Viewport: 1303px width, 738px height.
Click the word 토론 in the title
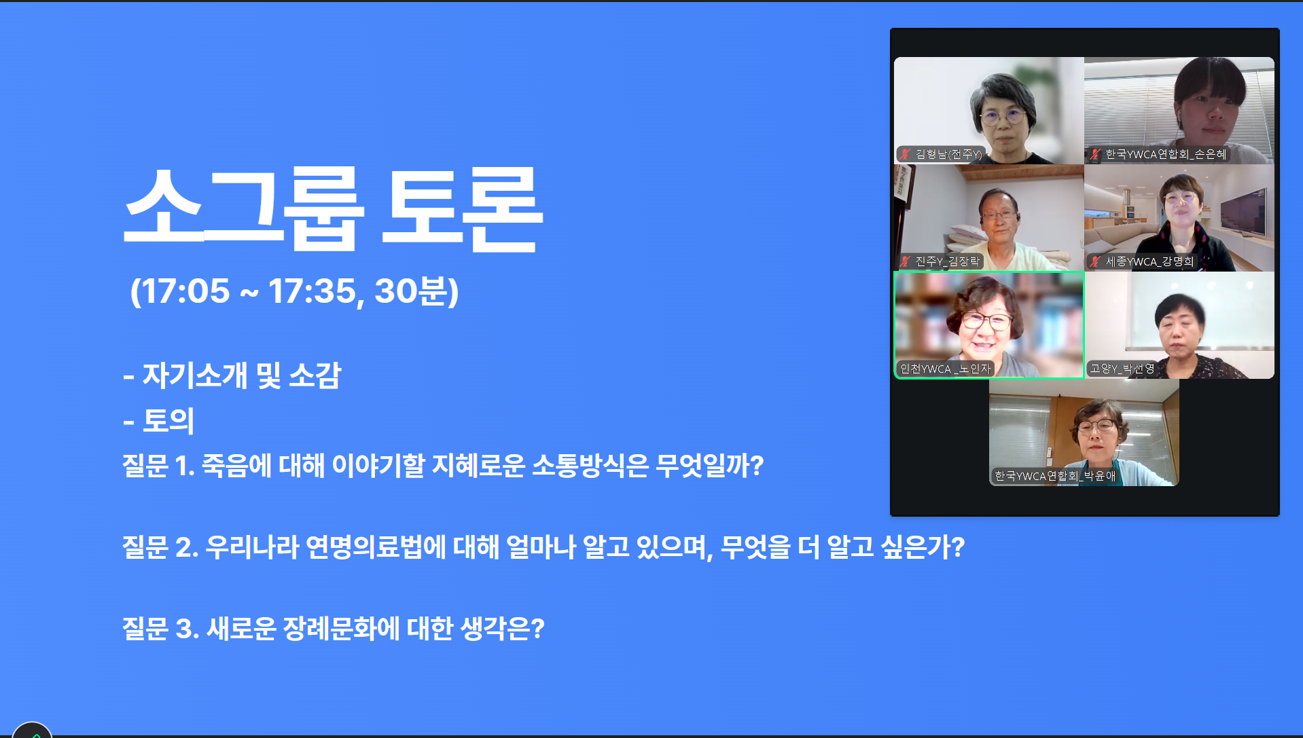pyautogui.click(x=462, y=208)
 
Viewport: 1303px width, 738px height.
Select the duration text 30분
pyautogui.click(x=410, y=291)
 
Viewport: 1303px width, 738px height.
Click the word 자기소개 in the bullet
pyautogui.click(x=194, y=375)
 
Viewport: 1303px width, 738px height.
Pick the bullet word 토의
pyautogui.click(x=168, y=420)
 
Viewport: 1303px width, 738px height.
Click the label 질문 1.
pyautogui.click(x=158, y=466)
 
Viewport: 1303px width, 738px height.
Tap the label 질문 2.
pyautogui.click(x=160, y=547)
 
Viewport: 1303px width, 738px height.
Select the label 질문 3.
pyautogui.click(x=160, y=629)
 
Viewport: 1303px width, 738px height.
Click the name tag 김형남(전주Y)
pyautogui.click(x=948, y=154)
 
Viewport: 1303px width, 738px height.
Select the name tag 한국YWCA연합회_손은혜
pyautogui.click(x=1166, y=154)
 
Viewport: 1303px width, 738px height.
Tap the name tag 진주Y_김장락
pyautogui.click(x=947, y=261)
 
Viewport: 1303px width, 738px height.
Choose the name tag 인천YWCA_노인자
pyautogui.click(x=945, y=369)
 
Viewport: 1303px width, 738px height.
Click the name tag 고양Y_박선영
pyautogui.click(x=1122, y=369)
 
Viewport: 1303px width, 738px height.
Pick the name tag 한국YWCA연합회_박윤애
pyautogui.click(x=1055, y=476)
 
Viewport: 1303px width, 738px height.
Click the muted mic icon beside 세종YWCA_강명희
pyautogui.click(x=1094, y=261)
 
